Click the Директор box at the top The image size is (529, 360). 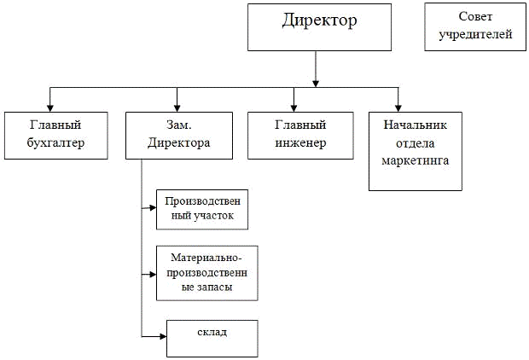click(x=316, y=26)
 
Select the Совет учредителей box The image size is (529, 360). click(x=475, y=26)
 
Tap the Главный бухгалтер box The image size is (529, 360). click(x=56, y=135)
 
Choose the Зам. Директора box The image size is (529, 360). click(x=179, y=135)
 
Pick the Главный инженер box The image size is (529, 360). click(x=300, y=135)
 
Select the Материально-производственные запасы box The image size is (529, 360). click(x=206, y=273)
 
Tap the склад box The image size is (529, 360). click(x=212, y=338)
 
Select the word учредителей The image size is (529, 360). click(x=475, y=35)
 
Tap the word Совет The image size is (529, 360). click(x=475, y=17)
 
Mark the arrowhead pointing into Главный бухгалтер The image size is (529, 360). click(x=49, y=107)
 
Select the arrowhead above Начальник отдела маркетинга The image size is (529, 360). click(x=398, y=107)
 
